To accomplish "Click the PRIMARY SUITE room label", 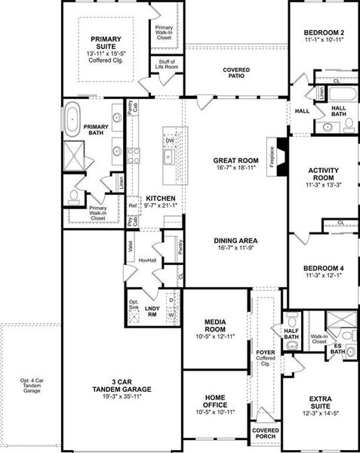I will [107, 42].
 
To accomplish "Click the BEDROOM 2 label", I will [324, 33].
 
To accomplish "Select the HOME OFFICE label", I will [215, 400].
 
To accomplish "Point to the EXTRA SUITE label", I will [324, 400].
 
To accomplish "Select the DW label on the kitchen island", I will [170, 140].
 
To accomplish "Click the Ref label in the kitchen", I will [132, 205].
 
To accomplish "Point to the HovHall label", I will [147, 260].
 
